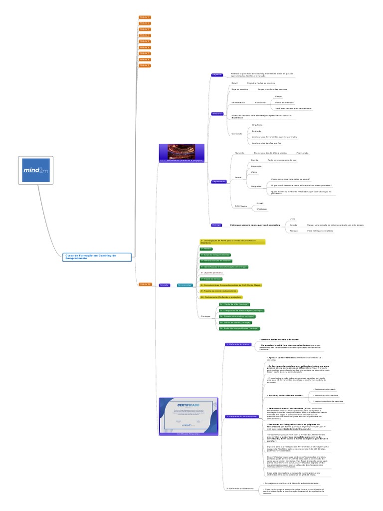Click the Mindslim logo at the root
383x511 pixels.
point(35,171)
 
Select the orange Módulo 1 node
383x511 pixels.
point(145,17)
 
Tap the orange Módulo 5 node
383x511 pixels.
point(145,41)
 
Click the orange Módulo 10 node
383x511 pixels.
point(145,284)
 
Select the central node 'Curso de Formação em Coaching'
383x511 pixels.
point(98,256)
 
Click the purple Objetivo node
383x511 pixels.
point(217,75)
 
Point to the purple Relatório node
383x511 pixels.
point(217,114)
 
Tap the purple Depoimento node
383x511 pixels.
point(218,181)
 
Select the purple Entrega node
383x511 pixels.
point(216,225)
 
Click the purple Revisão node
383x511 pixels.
point(164,285)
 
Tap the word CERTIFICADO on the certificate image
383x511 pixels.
point(189,404)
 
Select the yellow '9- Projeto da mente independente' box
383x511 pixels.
point(218,291)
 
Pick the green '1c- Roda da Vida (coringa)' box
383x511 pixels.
point(234,304)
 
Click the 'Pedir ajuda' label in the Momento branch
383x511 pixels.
point(302,153)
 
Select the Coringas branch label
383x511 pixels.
point(205,316)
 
